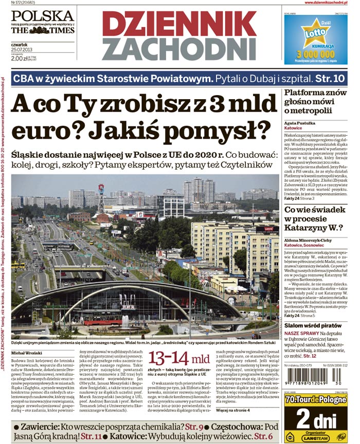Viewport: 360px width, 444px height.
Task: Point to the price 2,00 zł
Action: point(20,59)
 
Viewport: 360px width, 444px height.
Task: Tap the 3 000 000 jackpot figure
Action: point(316,54)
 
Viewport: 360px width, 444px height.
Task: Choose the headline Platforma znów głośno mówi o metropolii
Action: point(315,102)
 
